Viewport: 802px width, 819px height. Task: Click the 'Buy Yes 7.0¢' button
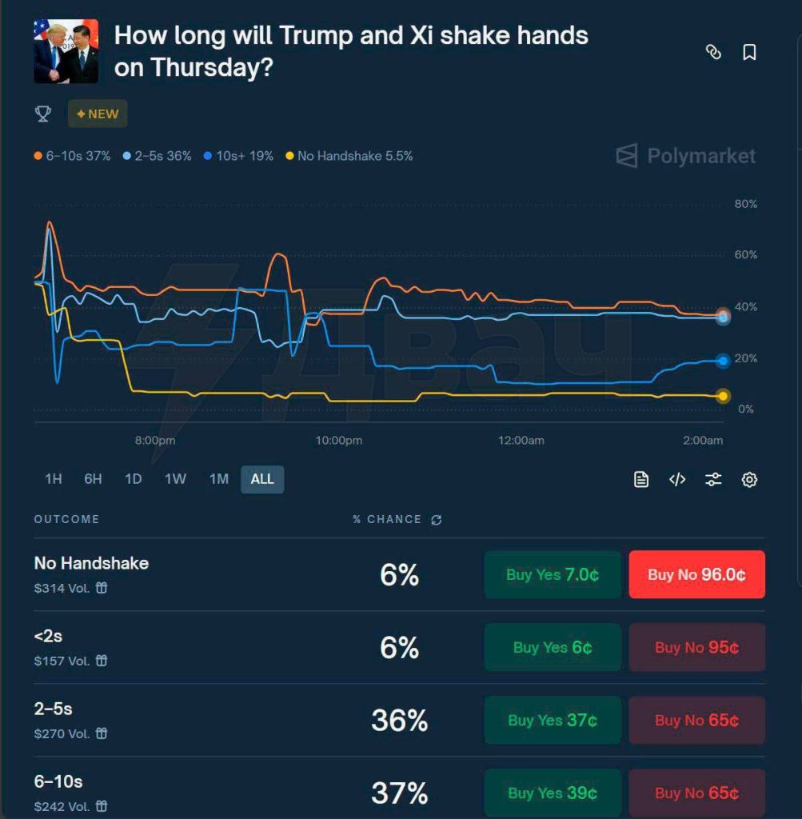point(553,574)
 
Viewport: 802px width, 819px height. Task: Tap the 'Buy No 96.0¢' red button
point(696,574)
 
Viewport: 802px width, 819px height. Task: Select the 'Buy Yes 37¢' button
point(553,720)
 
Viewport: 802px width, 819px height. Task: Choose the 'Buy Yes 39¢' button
point(553,793)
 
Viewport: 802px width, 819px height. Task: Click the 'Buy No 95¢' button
point(696,647)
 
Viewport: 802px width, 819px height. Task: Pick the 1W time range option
point(175,479)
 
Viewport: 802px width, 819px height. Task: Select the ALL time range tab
point(262,479)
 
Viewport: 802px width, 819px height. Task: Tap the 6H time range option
point(93,479)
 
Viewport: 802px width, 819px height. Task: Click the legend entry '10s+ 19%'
point(239,156)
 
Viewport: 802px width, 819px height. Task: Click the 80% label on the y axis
point(745,204)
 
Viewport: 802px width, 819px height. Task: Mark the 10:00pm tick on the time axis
point(339,440)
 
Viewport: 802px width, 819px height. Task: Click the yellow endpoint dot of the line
point(723,396)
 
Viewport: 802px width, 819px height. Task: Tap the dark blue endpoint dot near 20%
point(723,361)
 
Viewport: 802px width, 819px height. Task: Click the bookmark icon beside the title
point(749,52)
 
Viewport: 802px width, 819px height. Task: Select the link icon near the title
point(713,52)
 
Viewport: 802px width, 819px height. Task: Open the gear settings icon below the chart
point(749,480)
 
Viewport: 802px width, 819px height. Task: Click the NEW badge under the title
point(98,114)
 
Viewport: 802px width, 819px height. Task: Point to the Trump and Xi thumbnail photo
point(66,51)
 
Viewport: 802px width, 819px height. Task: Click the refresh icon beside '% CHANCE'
point(436,520)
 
